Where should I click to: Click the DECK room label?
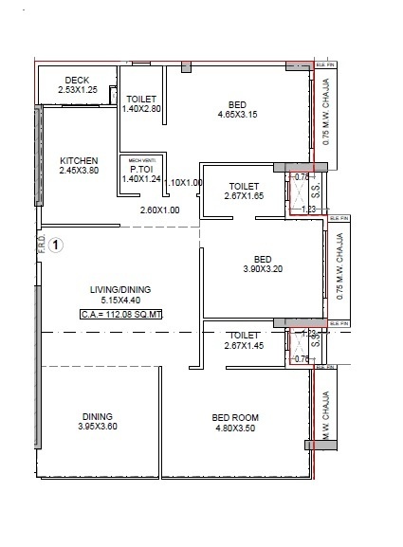(x=77, y=80)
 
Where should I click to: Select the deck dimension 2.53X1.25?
(x=77, y=90)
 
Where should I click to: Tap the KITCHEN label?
(x=80, y=160)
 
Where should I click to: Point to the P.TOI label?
(x=141, y=170)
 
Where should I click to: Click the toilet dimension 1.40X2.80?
(x=142, y=109)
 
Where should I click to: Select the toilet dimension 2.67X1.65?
(x=245, y=196)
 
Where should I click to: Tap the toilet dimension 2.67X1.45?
(x=245, y=346)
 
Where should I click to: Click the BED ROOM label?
(x=235, y=417)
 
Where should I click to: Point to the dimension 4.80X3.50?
(x=235, y=428)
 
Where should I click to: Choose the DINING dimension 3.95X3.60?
(x=97, y=428)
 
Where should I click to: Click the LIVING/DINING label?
(x=120, y=290)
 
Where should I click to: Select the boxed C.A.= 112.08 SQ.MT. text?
(x=121, y=314)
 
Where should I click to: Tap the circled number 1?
(x=56, y=246)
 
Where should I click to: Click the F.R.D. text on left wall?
(x=40, y=245)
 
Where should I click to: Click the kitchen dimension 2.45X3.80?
(x=80, y=172)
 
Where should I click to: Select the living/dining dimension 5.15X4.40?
(x=120, y=301)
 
